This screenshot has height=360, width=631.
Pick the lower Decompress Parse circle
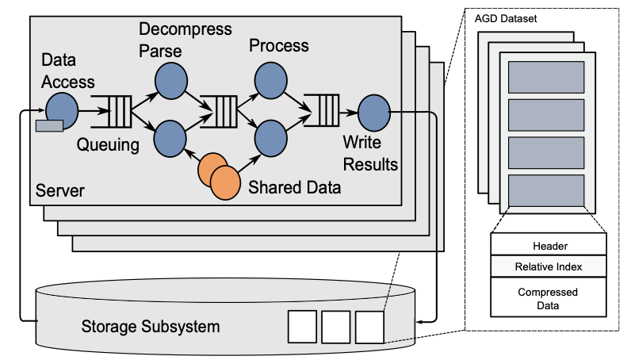(x=170, y=138)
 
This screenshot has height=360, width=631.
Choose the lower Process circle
(x=270, y=138)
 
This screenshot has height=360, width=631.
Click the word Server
(x=59, y=192)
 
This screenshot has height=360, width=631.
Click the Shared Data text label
(x=295, y=187)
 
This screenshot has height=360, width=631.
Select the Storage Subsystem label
(x=151, y=326)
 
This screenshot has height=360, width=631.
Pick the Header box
(x=549, y=245)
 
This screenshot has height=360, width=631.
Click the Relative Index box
(x=549, y=266)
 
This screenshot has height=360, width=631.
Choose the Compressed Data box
(x=549, y=299)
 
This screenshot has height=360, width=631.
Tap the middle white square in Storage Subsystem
(x=335, y=326)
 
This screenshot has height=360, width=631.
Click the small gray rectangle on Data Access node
(x=48, y=124)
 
